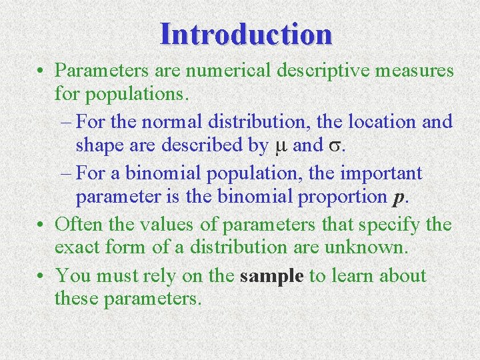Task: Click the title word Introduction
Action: point(246,34)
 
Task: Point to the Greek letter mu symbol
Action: point(280,145)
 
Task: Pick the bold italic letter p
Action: point(398,198)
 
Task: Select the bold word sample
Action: point(271,276)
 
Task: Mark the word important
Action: point(381,173)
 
